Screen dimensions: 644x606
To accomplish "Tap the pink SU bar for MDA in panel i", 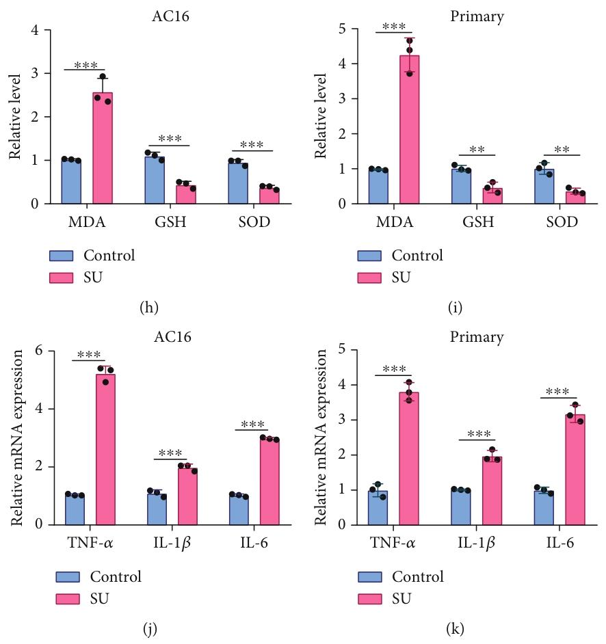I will (410, 130).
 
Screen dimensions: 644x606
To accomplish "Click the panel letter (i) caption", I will (455, 307).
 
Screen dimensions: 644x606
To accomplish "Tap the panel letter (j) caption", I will (150, 628).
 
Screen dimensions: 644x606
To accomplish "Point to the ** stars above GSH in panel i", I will (477, 148).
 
